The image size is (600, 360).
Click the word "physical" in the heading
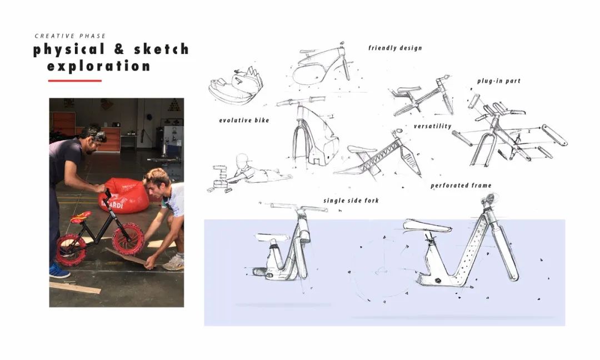click(x=69, y=50)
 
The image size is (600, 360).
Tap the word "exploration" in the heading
click(x=99, y=66)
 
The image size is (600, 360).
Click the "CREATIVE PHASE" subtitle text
click(x=70, y=36)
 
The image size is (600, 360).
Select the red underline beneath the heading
click(x=74, y=81)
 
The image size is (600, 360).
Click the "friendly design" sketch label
click(x=396, y=48)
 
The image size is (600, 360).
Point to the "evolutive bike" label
click(x=244, y=121)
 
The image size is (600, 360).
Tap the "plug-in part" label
click(x=499, y=81)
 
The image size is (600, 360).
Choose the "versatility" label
click(x=432, y=126)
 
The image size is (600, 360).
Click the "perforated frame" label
click(x=461, y=186)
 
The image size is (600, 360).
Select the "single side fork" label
click(x=351, y=201)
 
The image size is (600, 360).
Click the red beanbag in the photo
click(x=123, y=195)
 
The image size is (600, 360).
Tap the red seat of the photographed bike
click(x=81, y=217)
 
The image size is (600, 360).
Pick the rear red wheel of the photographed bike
click(x=71, y=250)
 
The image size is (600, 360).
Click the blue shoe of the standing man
click(x=59, y=271)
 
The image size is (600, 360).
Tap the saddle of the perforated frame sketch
click(x=427, y=226)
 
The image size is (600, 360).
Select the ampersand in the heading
click(x=119, y=49)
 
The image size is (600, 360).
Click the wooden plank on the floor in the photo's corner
click(x=75, y=288)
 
